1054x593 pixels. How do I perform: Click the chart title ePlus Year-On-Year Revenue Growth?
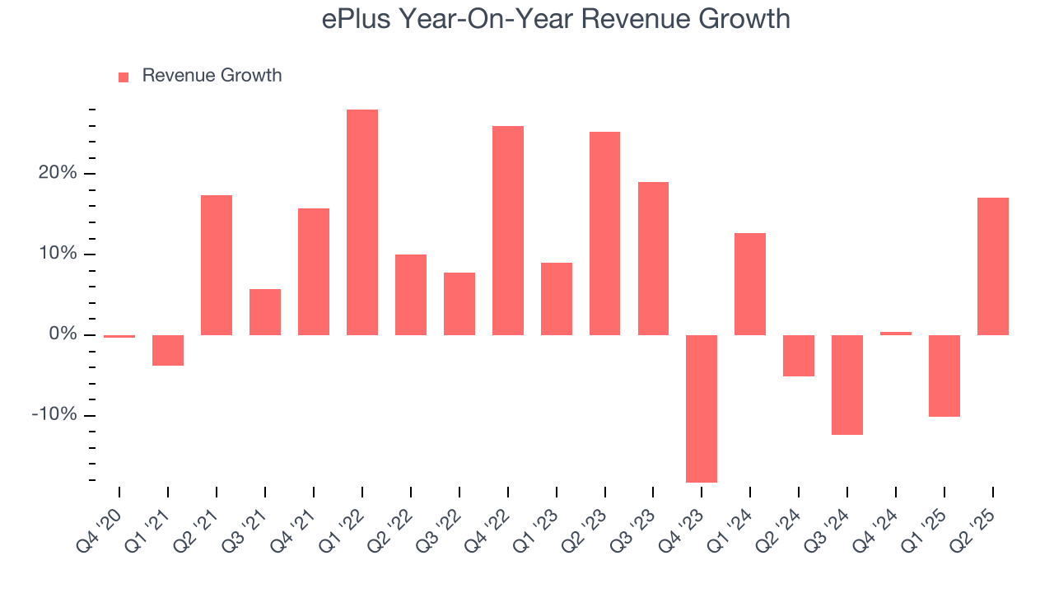556,19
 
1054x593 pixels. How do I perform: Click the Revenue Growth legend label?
212,76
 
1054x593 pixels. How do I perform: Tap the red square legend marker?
124,77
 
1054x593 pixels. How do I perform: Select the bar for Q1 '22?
362,222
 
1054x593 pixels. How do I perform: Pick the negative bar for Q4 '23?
702,409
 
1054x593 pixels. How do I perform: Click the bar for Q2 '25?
992,266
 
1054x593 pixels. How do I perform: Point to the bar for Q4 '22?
508,231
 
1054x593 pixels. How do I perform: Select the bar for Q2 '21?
217,265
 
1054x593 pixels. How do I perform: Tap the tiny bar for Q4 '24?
896,334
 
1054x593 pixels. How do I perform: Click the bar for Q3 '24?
847,385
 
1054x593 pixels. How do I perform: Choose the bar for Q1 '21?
168,350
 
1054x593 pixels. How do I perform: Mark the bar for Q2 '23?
604,233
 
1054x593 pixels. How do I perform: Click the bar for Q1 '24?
750,284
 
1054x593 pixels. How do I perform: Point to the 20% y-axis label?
56,174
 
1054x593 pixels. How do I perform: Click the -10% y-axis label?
54,415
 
